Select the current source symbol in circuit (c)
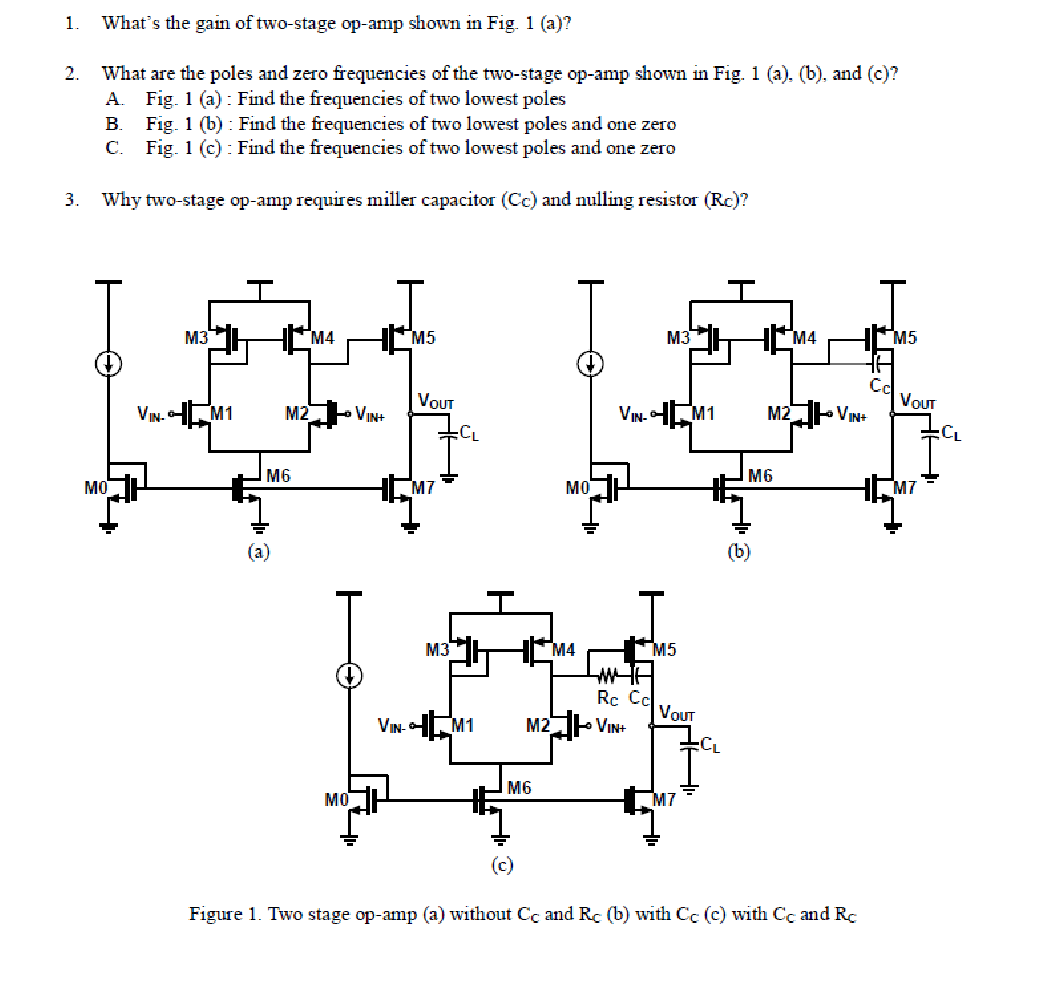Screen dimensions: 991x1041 349,675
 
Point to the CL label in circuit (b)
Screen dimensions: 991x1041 952,433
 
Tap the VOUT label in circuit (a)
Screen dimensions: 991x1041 436,402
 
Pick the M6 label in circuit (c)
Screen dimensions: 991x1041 518,787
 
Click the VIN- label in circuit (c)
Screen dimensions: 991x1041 391,725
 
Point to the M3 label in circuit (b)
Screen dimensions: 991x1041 678,338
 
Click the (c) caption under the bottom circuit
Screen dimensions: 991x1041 502,864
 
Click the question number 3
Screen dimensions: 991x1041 71,199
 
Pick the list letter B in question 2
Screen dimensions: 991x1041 112,124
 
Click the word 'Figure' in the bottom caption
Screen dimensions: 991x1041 214,914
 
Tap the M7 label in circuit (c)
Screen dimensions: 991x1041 665,798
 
